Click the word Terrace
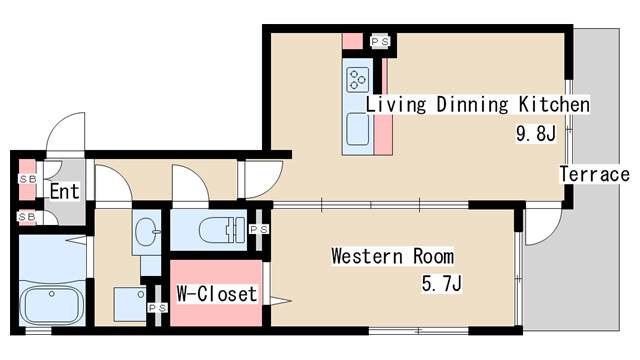(x=594, y=174)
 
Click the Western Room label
(x=393, y=256)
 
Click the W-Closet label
(x=216, y=294)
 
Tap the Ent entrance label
(x=64, y=191)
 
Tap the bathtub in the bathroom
(x=51, y=302)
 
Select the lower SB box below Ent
(x=27, y=216)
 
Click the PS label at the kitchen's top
(x=380, y=42)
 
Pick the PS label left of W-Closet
(x=157, y=308)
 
